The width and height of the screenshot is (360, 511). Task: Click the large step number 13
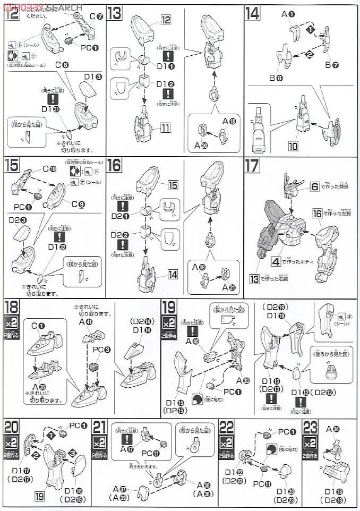114,13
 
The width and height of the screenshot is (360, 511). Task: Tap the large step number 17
252,166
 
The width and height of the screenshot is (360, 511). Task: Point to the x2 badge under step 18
12,323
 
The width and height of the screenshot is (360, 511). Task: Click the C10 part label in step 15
49,169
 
